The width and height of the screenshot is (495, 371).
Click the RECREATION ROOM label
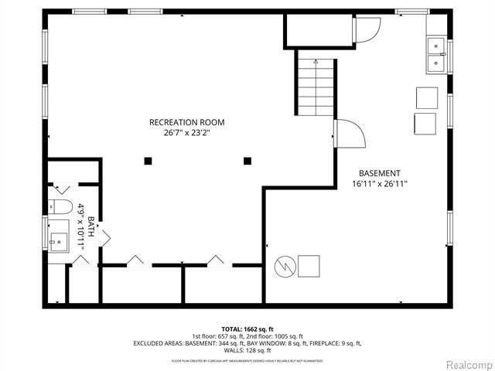pos(187,122)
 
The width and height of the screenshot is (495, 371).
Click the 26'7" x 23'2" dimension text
pos(187,133)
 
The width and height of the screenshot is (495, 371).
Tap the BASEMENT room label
pos(380,173)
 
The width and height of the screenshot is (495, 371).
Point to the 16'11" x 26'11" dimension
pos(380,184)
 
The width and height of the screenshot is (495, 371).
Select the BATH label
pos(90,226)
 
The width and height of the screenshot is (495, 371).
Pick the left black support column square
pos(147,161)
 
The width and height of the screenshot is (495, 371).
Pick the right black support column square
pos(247,161)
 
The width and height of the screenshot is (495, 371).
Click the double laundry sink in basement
pos(436,53)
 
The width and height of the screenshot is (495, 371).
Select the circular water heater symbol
pos(283,267)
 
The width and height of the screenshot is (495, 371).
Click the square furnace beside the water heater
pos(309,266)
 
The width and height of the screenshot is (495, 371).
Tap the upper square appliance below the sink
pos(426,97)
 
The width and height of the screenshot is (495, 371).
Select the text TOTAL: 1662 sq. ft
pos(247,329)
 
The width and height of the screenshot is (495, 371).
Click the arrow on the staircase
pos(316,62)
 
